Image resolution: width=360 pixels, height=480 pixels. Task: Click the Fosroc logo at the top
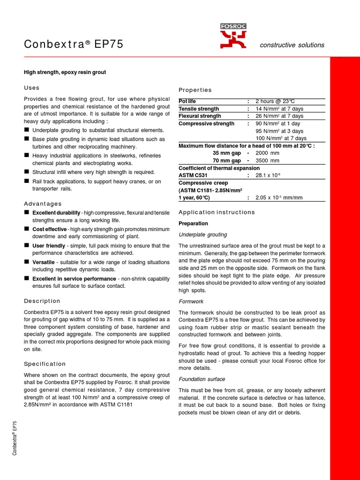(x=233, y=36)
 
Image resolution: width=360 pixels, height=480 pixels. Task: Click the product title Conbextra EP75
(x=74, y=45)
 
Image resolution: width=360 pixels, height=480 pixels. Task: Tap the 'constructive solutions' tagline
(x=292, y=45)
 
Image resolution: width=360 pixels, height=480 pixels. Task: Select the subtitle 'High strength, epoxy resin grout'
(x=65, y=72)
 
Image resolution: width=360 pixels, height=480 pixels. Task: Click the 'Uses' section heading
(x=32, y=88)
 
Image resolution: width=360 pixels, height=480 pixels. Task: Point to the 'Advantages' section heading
(x=43, y=203)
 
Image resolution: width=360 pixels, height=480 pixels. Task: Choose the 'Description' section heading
(x=42, y=301)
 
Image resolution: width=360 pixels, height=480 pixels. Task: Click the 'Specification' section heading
(x=45, y=364)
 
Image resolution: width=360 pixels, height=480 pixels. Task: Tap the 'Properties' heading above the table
(x=195, y=90)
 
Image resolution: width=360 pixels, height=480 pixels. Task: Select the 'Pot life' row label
(x=188, y=101)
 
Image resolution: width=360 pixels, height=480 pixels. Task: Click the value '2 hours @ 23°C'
(x=275, y=101)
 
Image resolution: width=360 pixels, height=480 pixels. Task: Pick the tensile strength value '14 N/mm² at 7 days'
(x=279, y=109)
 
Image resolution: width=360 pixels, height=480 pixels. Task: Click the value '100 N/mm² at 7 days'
(x=281, y=138)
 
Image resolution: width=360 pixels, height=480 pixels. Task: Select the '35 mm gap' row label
(x=227, y=153)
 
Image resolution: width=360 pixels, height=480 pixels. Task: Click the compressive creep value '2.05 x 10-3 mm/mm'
(x=279, y=197)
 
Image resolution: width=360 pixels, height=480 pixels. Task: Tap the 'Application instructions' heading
(x=217, y=212)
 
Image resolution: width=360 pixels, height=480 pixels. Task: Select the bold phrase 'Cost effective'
(x=49, y=229)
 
